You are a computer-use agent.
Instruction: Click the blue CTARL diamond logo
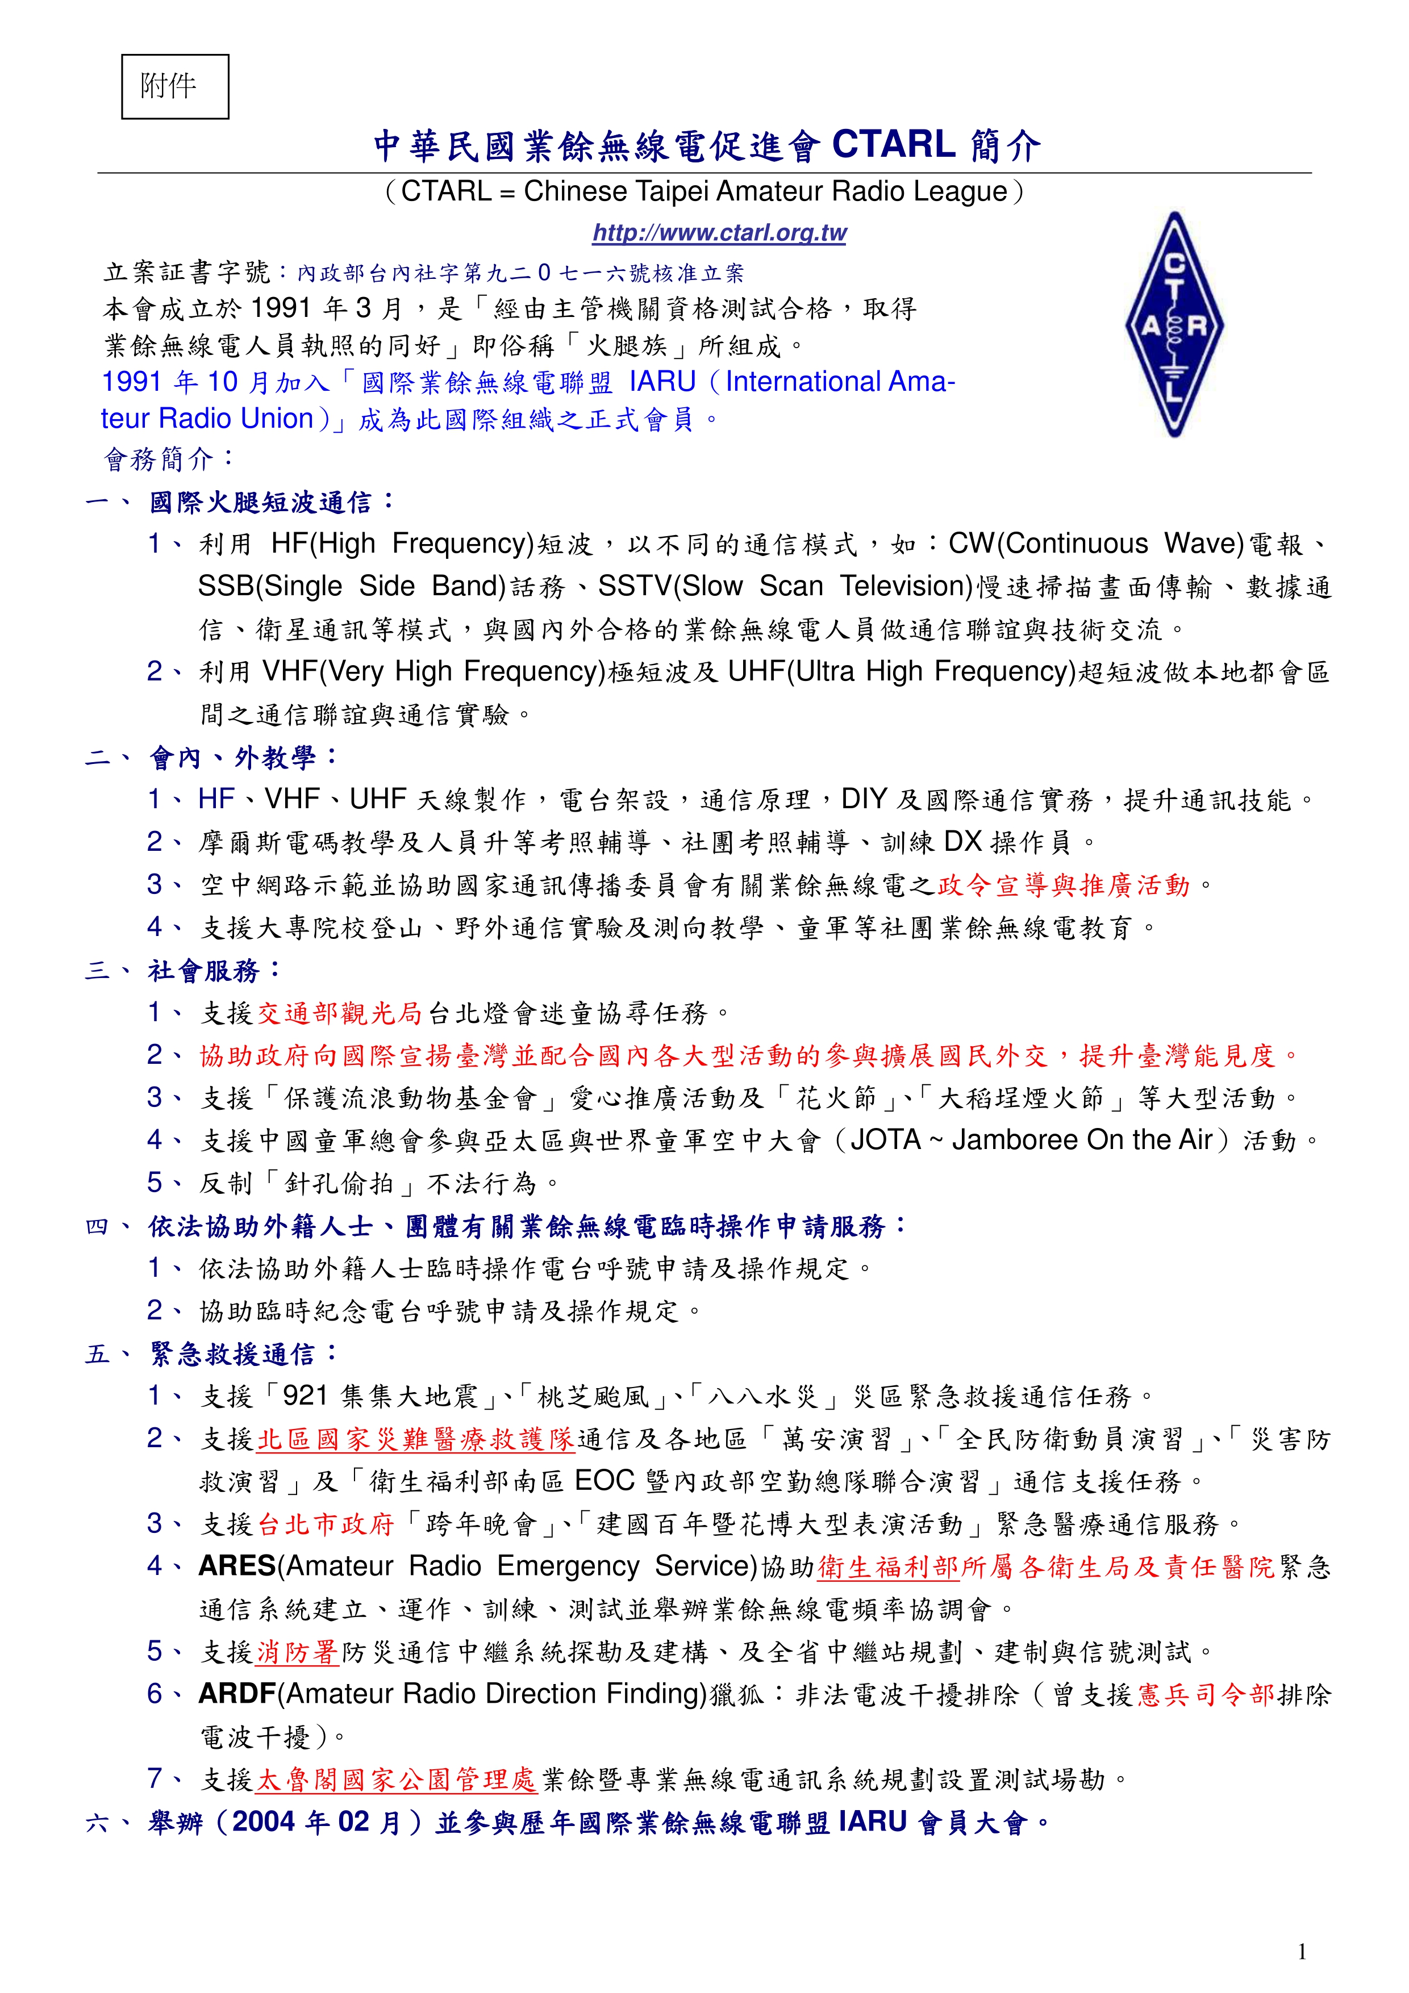pyautogui.click(x=1174, y=324)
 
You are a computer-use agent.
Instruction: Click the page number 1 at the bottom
pyautogui.click(x=1302, y=1952)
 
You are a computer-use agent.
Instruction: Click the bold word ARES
pyautogui.click(x=236, y=1566)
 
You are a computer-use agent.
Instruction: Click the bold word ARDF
pyautogui.click(x=236, y=1694)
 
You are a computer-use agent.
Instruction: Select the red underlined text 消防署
pyautogui.click(x=297, y=1652)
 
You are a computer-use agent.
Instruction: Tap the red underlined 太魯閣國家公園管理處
pyautogui.click(x=397, y=1779)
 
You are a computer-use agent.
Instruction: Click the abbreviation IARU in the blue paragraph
pyautogui.click(x=662, y=382)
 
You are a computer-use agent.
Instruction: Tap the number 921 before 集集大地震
pyautogui.click(x=306, y=1396)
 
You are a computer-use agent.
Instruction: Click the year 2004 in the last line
pyautogui.click(x=265, y=1822)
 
